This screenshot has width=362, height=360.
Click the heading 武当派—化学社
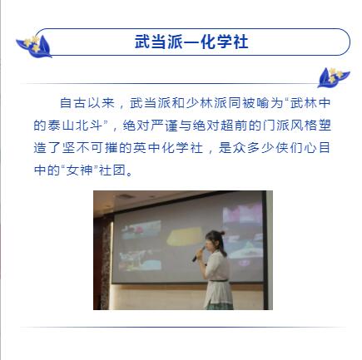point(191,42)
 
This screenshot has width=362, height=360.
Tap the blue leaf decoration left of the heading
point(34,47)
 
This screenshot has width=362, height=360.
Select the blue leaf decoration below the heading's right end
point(333,77)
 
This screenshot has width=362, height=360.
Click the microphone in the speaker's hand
point(199,254)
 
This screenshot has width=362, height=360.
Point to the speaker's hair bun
point(221,232)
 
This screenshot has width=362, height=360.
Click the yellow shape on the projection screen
point(185,236)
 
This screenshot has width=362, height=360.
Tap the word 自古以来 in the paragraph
point(87,103)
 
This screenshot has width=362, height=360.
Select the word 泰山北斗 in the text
point(75,126)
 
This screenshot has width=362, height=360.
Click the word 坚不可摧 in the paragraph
point(90,147)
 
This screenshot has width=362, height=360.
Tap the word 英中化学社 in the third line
point(168,147)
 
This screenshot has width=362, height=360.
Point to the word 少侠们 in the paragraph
point(282,147)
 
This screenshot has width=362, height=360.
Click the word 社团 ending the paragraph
point(112,170)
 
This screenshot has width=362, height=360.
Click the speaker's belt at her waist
point(218,280)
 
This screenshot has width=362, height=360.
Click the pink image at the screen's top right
point(242,214)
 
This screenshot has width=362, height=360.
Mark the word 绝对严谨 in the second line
point(150,126)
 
